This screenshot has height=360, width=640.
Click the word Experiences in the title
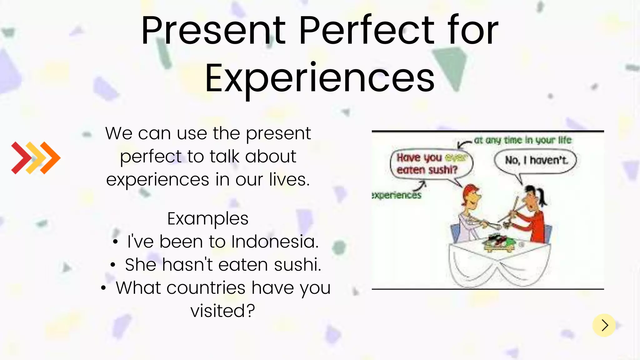coord(319,78)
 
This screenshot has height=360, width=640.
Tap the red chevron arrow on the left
coord(21,158)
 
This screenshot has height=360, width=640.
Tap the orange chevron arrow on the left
coord(50,158)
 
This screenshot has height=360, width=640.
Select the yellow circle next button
coord(604,325)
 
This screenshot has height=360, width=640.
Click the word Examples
coord(208,219)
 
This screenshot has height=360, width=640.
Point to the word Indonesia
coord(275,242)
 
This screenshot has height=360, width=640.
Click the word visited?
coord(223,311)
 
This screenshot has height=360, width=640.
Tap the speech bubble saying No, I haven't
coord(535,161)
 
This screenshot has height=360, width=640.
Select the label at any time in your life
coord(522,140)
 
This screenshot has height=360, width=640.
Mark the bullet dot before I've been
coord(115,242)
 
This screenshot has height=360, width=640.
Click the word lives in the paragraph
coord(289,180)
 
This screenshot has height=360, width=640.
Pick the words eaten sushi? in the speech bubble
coord(427,170)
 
